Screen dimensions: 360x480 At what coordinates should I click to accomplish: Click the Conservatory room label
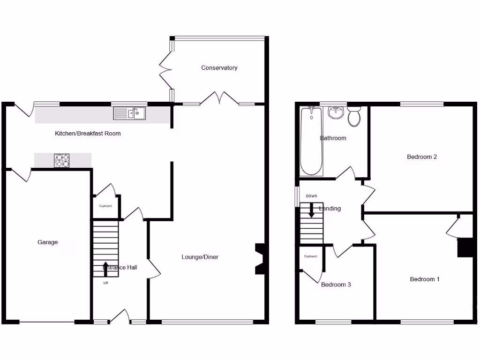point(219,68)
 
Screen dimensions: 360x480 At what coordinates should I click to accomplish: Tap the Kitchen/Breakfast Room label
point(88,134)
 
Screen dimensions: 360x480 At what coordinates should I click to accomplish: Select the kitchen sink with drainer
point(129,113)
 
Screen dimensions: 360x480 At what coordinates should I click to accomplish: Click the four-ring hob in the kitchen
point(62,161)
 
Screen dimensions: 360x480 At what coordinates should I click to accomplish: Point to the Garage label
point(48,242)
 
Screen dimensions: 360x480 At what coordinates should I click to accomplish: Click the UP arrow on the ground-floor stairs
point(105,268)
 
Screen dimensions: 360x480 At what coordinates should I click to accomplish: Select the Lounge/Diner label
point(200,257)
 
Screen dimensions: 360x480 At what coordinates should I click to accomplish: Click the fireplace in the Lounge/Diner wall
point(260,258)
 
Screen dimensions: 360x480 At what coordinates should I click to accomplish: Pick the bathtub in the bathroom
point(311,141)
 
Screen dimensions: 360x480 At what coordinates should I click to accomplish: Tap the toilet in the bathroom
point(354,116)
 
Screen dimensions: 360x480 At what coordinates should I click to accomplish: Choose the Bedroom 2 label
point(422,157)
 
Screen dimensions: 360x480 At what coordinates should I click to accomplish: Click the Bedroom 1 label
point(425,279)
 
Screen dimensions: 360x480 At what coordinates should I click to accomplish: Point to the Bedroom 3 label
point(336,285)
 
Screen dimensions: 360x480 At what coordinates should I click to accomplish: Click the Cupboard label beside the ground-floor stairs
point(105,206)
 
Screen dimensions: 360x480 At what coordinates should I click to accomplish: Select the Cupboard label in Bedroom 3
point(310,256)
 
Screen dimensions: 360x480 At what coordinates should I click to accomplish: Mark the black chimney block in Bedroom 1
point(465,247)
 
